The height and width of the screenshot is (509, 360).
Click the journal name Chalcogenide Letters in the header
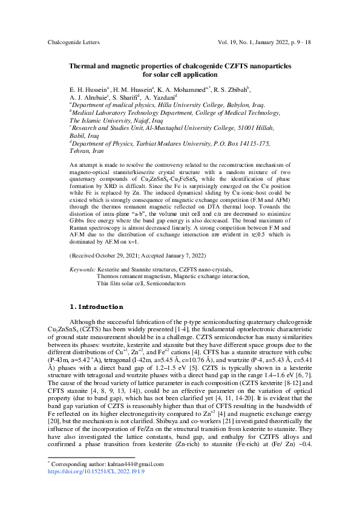coord(73,43)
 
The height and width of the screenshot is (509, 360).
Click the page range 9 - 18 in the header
coord(301,43)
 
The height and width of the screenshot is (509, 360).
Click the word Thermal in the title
coord(85,65)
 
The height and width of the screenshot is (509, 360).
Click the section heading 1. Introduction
coord(97,306)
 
